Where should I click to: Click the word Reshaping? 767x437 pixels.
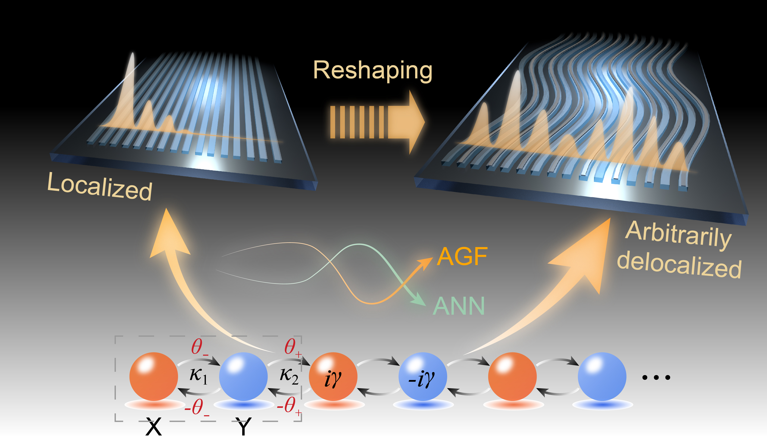(373, 71)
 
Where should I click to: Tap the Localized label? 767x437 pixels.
(100, 187)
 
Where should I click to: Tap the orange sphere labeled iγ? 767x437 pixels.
(333, 376)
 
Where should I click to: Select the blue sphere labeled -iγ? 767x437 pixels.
(422, 376)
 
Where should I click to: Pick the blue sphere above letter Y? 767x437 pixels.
(243, 376)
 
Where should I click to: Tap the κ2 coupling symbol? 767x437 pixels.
(289, 376)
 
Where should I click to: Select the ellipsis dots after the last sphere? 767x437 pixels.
(656, 377)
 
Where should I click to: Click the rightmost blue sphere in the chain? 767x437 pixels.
(602, 376)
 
